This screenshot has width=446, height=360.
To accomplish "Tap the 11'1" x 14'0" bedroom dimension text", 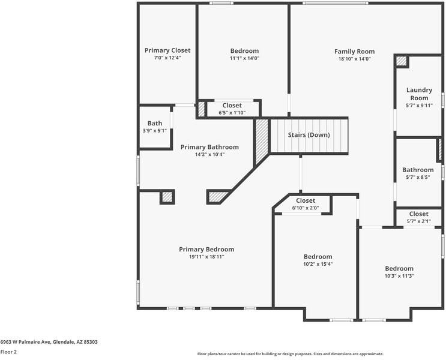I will [244, 59].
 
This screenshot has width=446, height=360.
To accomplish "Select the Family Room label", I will [354, 52].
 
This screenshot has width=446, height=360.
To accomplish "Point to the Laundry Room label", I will [419, 94].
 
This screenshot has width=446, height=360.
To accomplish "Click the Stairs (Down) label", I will [309, 135].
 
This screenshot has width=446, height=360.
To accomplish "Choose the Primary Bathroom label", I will [209, 147].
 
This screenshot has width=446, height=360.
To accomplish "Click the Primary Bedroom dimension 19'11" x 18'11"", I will [206, 257].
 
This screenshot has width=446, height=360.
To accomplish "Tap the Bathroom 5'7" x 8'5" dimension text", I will [418, 178].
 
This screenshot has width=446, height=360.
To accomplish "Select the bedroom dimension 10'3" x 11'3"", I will [399, 276].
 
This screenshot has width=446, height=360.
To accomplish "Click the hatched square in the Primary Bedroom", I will [167, 197].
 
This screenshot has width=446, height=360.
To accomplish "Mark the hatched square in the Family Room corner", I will [401, 61].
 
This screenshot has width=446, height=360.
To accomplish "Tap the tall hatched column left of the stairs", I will [261, 142].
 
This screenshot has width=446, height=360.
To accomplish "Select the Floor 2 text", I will [8, 352].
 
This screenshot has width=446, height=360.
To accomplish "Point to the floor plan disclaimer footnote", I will [291, 354].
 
